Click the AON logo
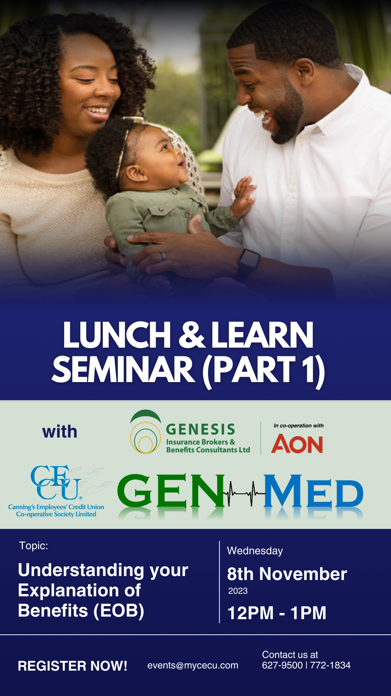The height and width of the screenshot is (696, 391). tap(297, 444)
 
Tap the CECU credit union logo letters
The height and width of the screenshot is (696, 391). tap(56, 482)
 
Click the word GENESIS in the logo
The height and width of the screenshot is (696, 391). tap(201, 430)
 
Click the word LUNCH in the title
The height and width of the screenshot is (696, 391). tap(117, 335)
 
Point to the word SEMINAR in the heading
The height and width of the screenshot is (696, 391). tap(123, 370)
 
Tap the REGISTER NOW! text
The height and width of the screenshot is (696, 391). tap(72, 666)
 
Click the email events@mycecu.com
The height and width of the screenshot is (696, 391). tap(193, 666)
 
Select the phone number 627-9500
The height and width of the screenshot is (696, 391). tap(282, 665)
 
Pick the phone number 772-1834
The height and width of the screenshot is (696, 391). tap(330, 665)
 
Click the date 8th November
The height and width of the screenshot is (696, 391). tap(287, 574)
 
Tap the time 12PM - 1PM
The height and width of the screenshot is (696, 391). tap(277, 613)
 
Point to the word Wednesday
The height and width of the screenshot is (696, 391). tap(255, 551)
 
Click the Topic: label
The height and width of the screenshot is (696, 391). tap(33, 546)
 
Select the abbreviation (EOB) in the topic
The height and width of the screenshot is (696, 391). tap(119, 611)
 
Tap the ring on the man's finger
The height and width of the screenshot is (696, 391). tap(164, 256)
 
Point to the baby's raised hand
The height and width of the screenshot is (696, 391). tap(243, 198)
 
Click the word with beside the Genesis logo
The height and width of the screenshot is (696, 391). tap(60, 432)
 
